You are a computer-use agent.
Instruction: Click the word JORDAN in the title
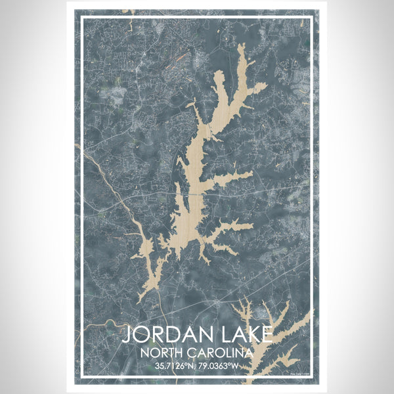click(x=168, y=335)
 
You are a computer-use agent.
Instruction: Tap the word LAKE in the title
click(x=244, y=335)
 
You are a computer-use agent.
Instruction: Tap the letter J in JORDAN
click(x=127, y=335)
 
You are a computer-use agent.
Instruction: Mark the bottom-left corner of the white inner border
click(x=82, y=376)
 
